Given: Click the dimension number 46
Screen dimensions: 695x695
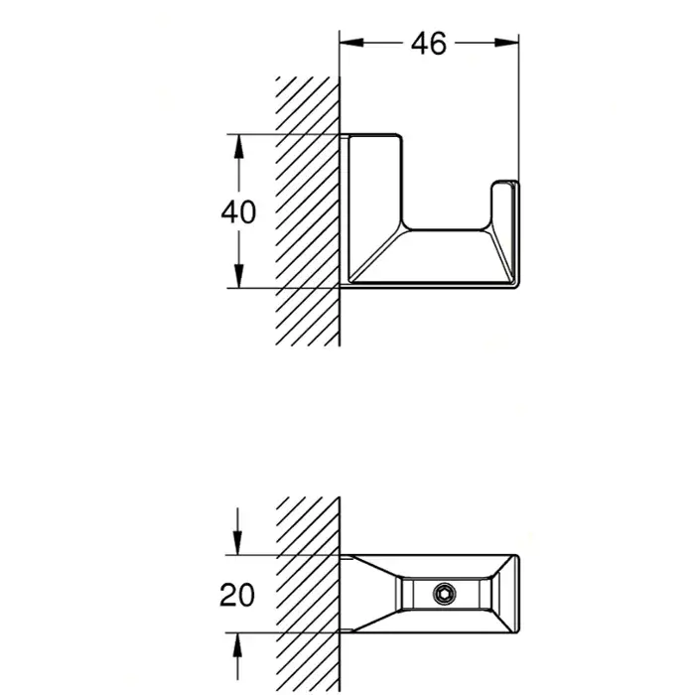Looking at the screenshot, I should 429,43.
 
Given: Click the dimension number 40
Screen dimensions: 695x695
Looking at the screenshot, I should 238,211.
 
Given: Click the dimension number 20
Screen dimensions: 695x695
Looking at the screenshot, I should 236,595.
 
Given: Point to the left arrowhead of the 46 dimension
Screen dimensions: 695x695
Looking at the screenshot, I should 347,43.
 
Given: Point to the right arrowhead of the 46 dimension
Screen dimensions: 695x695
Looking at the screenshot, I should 512,43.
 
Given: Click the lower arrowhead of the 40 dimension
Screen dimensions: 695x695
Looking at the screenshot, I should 238,281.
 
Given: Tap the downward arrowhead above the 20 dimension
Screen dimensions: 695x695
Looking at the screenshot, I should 238,547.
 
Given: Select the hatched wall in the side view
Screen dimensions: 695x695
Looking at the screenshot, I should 309,208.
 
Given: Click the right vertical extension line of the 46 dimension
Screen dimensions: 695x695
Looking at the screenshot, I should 519,109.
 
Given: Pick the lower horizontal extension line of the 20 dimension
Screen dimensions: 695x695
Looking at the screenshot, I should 288,634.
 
